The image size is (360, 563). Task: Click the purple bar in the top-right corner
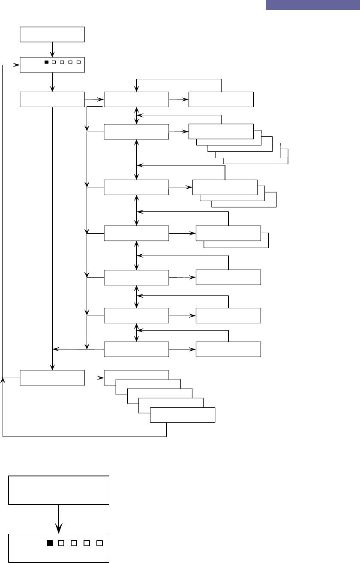pos(312,5)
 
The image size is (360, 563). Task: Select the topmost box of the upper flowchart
pos(52,34)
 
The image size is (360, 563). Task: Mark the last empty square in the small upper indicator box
pos(78,62)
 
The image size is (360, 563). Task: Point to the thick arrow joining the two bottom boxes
pos(59,519)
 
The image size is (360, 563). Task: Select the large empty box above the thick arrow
pos(59,490)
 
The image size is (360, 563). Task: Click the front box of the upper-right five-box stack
pos(220,132)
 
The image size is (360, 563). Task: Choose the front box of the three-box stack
pos(225,187)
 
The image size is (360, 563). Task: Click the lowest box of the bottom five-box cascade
pos(183,415)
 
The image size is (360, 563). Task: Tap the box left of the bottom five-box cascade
pos(52,378)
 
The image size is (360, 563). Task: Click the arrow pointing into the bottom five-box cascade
pos(94,378)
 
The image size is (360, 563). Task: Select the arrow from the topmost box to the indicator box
pos(52,49)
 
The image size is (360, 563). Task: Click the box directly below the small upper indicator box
pos(52,99)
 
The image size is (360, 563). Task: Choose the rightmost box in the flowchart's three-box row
pos(221,99)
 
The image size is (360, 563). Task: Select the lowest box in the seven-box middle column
pos(136,349)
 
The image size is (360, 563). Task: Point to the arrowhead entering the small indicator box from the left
pos(17,65)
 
